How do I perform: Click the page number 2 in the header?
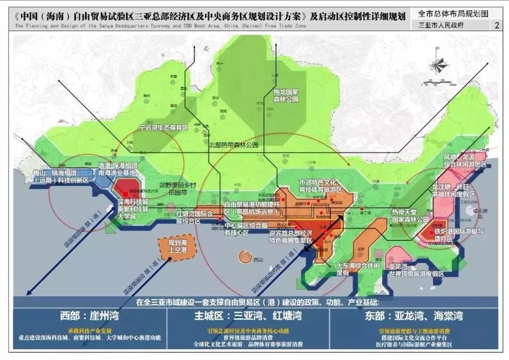coord(496,25)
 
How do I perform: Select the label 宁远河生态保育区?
coord(163,127)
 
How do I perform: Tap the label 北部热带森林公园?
coord(234,146)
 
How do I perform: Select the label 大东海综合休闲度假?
coord(357,269)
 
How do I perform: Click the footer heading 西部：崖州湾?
coord(88,315)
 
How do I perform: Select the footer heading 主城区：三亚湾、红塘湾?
coord(248,315)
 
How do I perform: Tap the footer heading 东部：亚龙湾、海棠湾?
coord(410,315)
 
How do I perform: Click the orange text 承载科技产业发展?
coord(88,330)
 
